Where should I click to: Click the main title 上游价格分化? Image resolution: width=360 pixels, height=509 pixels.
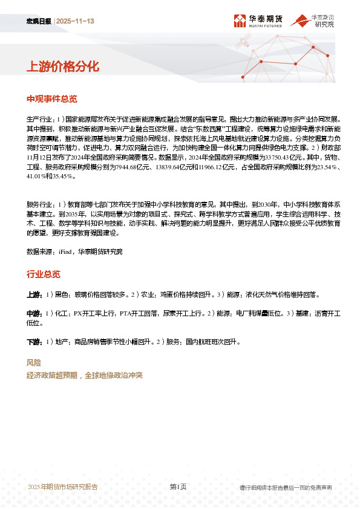pyautogui.click(x=62, y=66)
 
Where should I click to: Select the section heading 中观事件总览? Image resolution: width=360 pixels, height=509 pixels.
pyautogui.click(x=51, y=99)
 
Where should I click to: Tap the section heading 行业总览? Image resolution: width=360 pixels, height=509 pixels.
pyautogui.click(x=43, y=274)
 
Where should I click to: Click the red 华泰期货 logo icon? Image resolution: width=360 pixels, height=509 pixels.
pyautogui.click(x=240, y=22)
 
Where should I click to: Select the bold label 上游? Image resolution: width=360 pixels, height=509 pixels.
pyautogui.click(x=34, y=294)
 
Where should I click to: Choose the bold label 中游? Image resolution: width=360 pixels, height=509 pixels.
pyautogui.click(x=34, y=314)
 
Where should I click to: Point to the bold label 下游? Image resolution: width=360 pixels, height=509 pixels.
pyautogui.click(x=34, y=342)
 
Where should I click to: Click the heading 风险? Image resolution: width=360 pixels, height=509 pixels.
pyautogui.click(x=34, y=363)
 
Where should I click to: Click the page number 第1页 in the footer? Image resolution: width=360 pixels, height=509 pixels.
pyautogui.click(x=178, y=487)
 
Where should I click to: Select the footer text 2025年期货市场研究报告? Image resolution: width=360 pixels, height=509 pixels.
pyautogui.click(x=63, y=487)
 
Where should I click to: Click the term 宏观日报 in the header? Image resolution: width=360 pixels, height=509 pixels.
pyautogui.click(x=39, y=22)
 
